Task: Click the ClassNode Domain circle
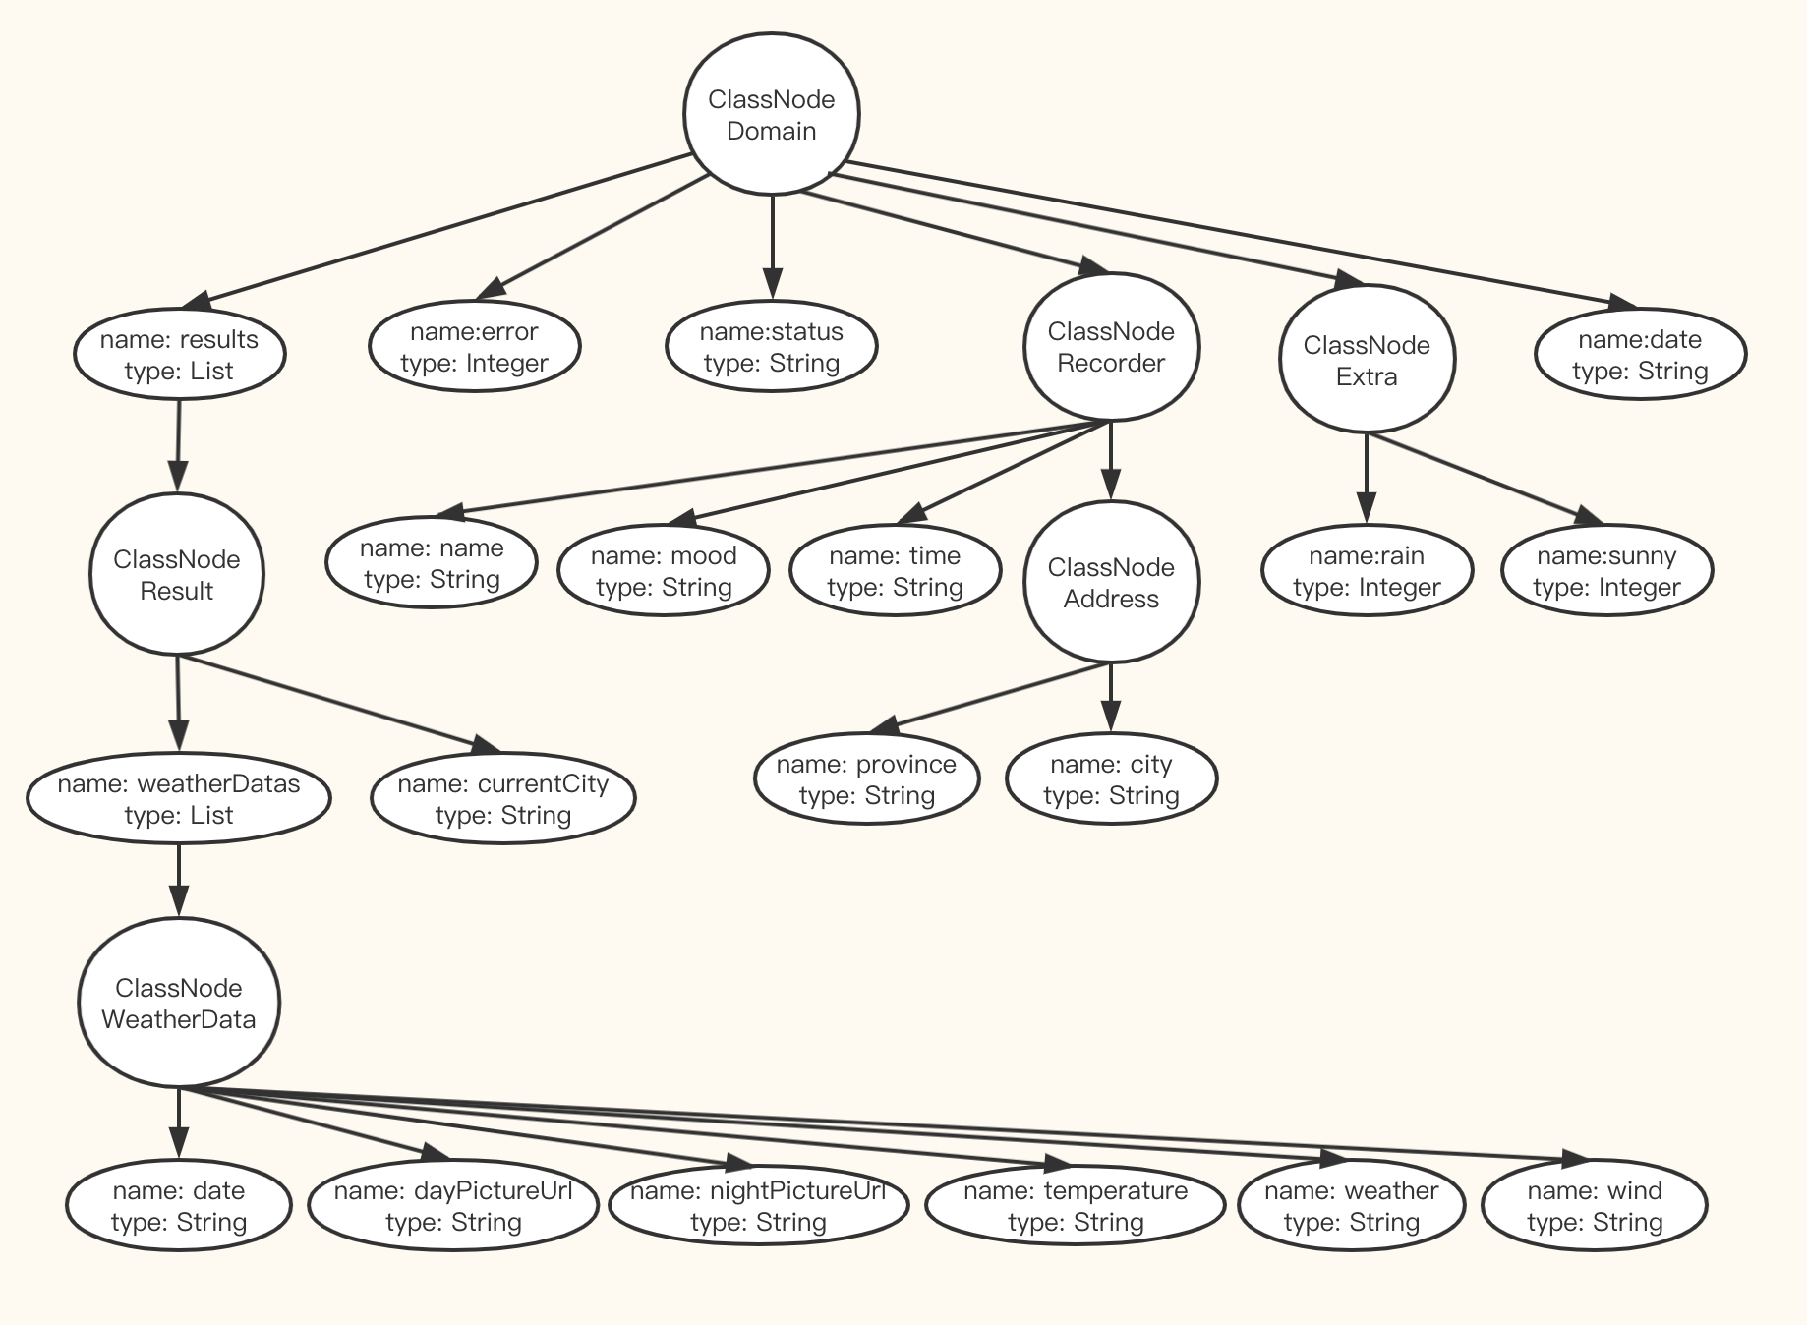pos(772,115)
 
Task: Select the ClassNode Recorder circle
pos(1111,347)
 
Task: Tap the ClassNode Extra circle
pos(1367,360)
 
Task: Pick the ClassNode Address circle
pos(1111,583)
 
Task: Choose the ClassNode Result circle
pos(177,575)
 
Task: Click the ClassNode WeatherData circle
pos(179,1004)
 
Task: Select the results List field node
pos(180,355)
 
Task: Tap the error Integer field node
pos(475,347)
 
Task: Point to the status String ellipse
pos(772,347)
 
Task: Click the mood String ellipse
pos(664,571)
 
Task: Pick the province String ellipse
pos(867,779)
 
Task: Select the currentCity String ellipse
pos(503,799)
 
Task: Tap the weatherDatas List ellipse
pos(179,799)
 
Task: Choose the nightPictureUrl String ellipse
pos(758,1206)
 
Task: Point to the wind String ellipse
pos(1595,1206)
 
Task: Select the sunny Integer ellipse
pos(1607,571)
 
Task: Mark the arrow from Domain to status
pos(772,246)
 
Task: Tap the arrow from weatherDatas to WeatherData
pos(179,880)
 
